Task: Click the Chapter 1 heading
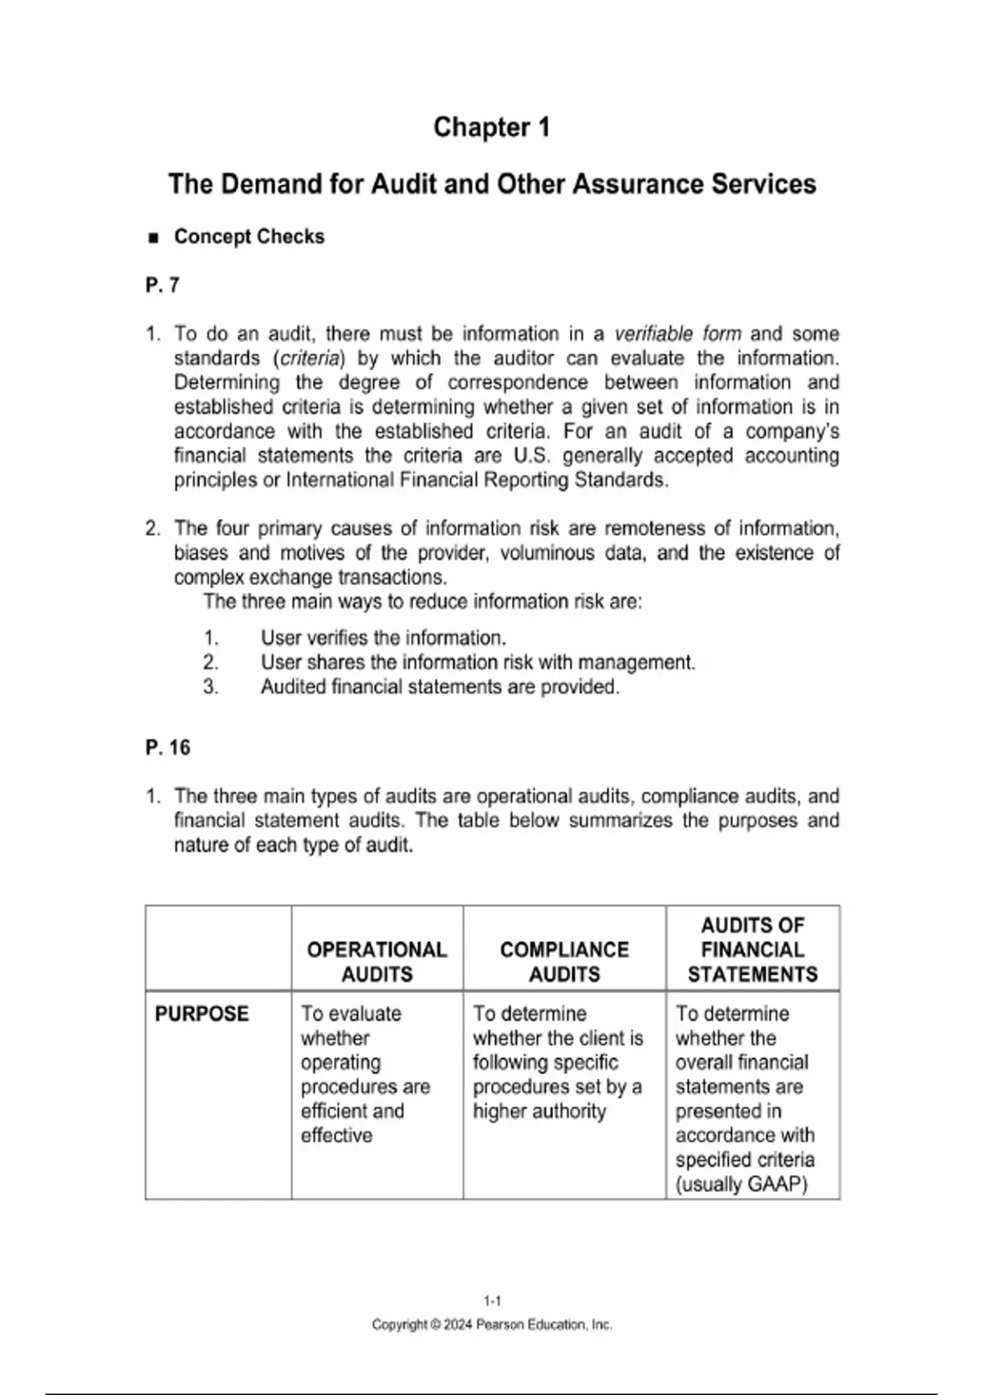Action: click(x=491, y=127)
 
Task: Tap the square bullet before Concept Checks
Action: click(x=153, y=238)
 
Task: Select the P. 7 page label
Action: click(x=162, y=285)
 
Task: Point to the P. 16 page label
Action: click(x=167, y=748)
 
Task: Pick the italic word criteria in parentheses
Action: click(x=309, y=359)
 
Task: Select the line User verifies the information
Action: click(x=383, y=638)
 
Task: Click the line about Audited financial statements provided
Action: click(x=440, y=687)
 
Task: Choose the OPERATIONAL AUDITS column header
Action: click(x=377, y=962)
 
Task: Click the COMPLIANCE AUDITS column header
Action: click(x=564, y=962)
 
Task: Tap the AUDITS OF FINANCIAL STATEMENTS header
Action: click(x=753, y=949)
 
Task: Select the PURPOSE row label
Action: click(x=202, y=1013)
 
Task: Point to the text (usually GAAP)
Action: click(x=741, y=1184)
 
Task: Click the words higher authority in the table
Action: click(x=540, y=1111)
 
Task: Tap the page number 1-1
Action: click(x=492, y=1301)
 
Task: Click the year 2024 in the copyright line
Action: click(x=458, y=1324)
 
